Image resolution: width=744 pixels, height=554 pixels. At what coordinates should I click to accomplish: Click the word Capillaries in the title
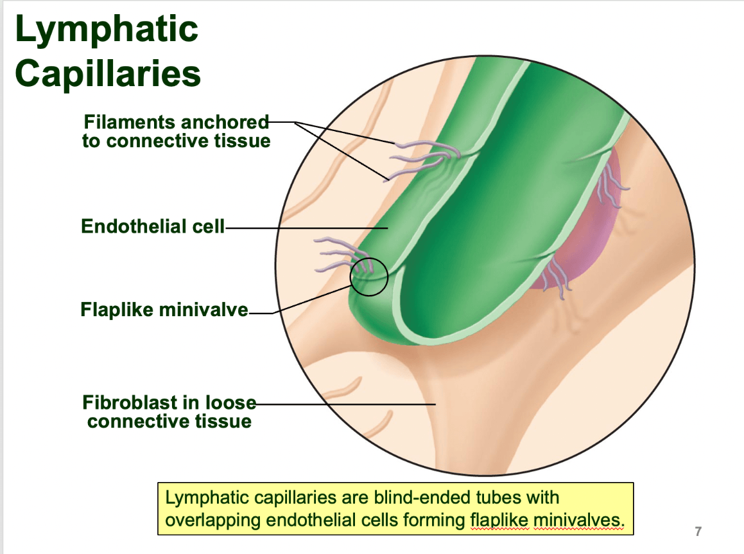[108, 74]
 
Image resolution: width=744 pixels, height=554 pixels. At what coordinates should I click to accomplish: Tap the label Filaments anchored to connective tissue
[176, 131]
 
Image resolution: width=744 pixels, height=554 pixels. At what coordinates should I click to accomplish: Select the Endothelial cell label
[153, 226]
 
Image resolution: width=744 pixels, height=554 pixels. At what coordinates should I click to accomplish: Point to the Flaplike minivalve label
[164, 309]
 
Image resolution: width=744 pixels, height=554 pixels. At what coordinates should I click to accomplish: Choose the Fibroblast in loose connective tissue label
[169, 411]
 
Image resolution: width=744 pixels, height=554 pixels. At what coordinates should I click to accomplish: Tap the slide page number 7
[698, 532]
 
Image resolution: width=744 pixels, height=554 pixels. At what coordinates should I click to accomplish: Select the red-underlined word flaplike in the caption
[499, 521]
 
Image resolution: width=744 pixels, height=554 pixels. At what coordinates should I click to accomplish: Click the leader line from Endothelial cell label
[306, 229]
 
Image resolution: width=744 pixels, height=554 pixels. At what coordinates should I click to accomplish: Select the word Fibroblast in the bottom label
[130, 402]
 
